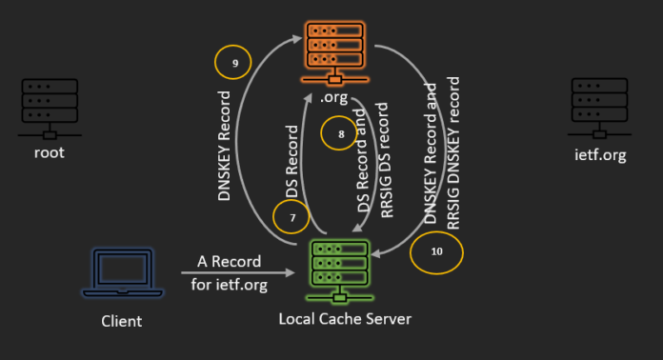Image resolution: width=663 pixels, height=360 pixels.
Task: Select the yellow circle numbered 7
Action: [292, 217]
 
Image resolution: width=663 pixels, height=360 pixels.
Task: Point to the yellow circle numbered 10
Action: [436, 251]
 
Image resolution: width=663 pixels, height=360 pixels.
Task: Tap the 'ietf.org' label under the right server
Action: [599, 155]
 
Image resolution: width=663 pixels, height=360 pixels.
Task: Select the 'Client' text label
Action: [122, 321]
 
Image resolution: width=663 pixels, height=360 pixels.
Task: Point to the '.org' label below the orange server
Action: [333, 97]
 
